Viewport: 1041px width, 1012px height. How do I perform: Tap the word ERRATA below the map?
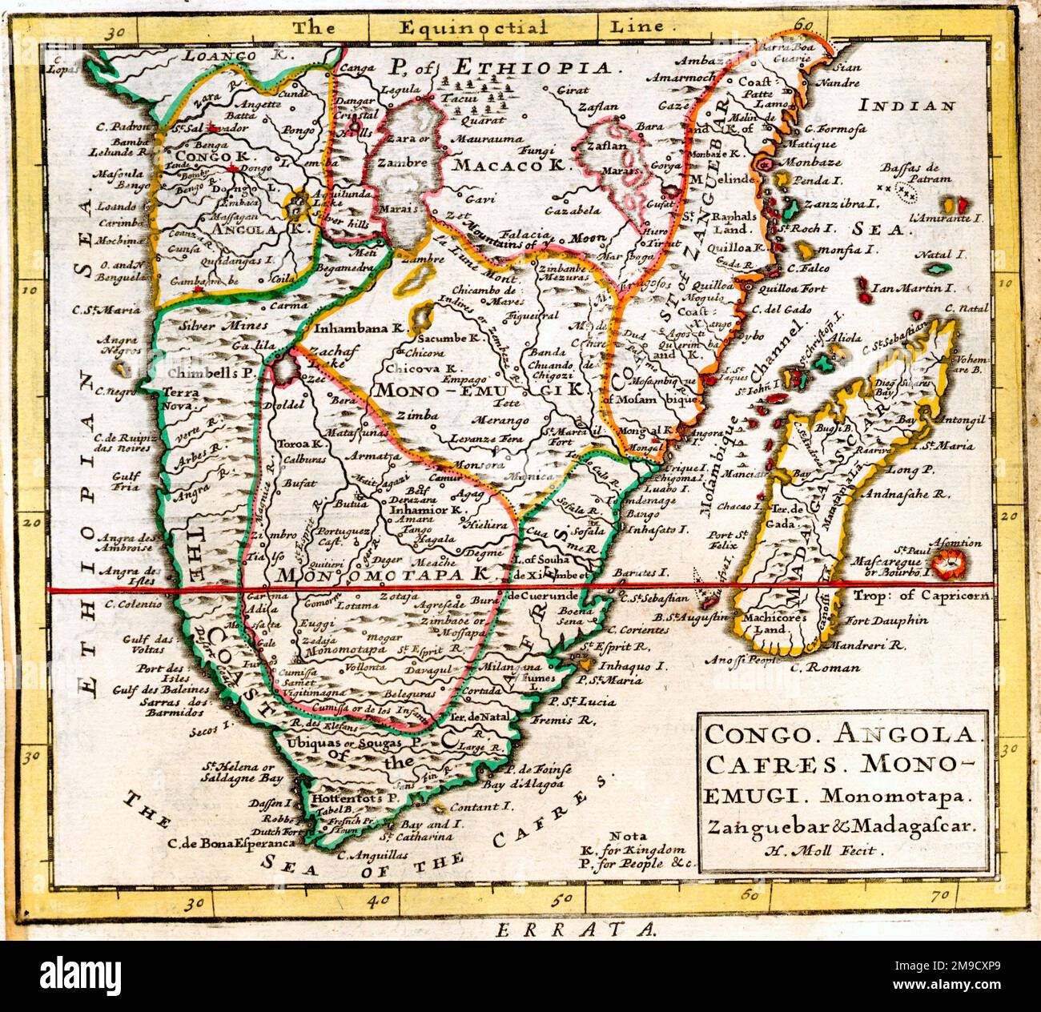click(x=575, y=930)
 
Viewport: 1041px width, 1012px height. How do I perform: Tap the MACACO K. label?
click(x=507, y=165)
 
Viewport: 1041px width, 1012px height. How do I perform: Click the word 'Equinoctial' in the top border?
click(x=449, y=27)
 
